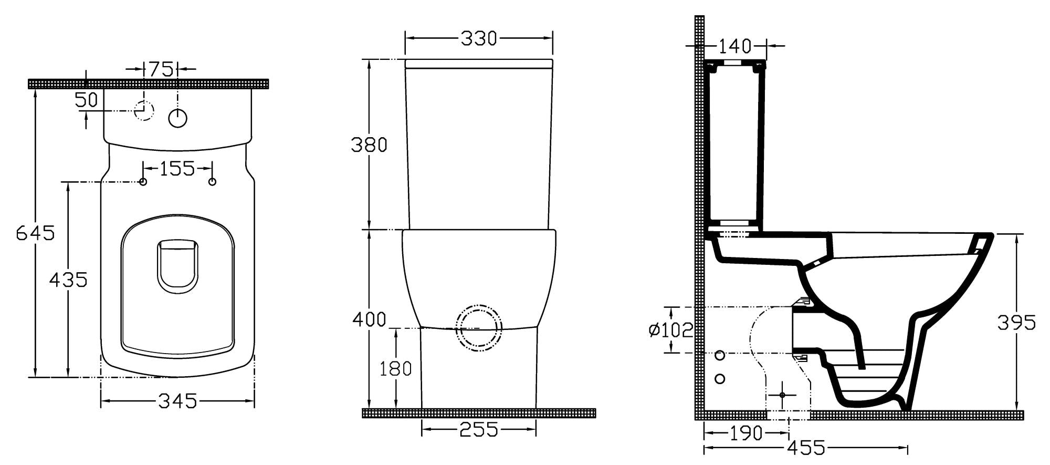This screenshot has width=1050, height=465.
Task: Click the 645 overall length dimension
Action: (x=35, y=232)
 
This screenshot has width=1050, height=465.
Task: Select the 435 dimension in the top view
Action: (x=68, y=280)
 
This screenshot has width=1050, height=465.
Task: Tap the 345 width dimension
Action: (x=177, y=401)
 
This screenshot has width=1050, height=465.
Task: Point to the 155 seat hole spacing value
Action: (x=177, y=169)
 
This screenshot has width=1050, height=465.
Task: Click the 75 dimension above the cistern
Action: (x=161, y=69)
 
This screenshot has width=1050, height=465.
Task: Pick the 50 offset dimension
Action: (x=87, y=99)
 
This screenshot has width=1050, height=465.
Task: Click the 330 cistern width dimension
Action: (x=479, y=38)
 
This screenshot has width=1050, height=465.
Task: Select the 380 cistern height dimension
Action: (x=369, y=144)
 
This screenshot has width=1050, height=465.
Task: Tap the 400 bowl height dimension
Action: (x=369, y=319)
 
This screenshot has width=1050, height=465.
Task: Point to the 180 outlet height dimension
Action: (x=396, y=368)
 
